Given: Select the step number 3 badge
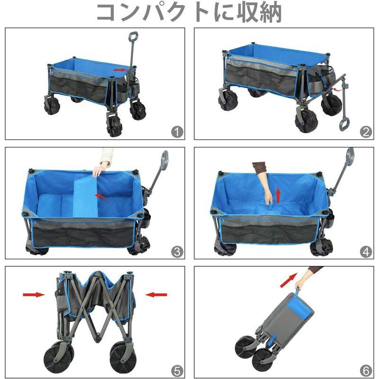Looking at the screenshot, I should tap(177, 252).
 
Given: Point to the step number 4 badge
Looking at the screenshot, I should tap(365, 252).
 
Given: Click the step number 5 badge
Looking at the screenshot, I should tap(177, 370).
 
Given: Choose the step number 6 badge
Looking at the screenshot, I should tap(365, 370).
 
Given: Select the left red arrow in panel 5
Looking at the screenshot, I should tap(33, 295).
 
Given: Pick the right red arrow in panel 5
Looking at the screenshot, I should tap(156, 295).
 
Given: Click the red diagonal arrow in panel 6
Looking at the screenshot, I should tap(289, 280).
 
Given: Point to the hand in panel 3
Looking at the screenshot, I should tap(100, 169).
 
